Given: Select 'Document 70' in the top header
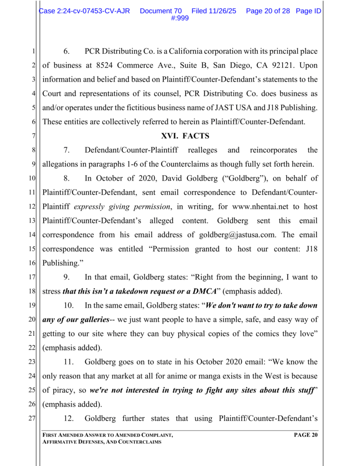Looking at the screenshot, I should click(161, 11).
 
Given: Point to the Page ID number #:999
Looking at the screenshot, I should click(180, 18).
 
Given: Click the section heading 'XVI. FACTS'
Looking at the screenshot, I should click(185, 136).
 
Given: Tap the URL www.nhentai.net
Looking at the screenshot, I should click(260, 207).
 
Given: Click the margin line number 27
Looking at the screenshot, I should click(32, 419).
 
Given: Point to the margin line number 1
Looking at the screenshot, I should click(34, 51).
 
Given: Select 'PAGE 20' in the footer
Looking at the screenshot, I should click(306, 436).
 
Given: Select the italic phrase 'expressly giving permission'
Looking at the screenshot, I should click(122, 207).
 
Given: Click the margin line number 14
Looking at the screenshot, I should click(32, 235).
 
